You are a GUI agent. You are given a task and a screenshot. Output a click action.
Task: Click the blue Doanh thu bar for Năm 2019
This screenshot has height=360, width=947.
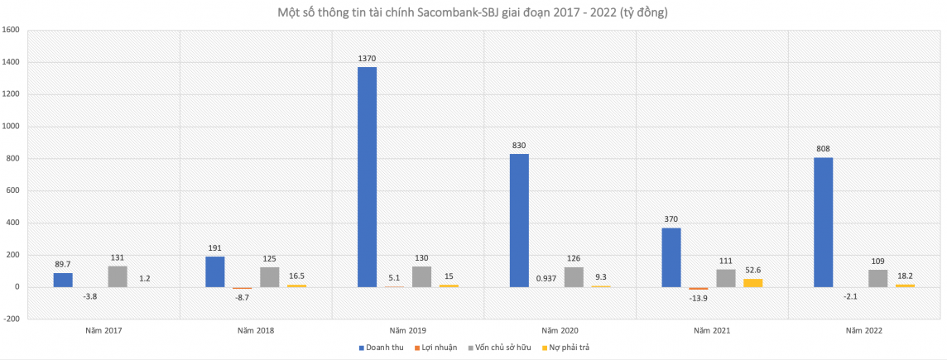[x=367, y=177]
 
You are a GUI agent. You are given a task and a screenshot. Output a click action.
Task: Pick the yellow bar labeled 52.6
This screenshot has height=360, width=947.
[x=752, y=283]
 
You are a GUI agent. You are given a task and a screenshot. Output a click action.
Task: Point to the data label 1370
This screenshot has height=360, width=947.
[x=367, y=59]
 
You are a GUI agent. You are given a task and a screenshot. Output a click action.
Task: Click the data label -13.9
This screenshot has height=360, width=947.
[x=698, y=296]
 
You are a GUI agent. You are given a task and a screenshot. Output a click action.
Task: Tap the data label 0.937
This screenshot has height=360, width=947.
[x=546, y=278]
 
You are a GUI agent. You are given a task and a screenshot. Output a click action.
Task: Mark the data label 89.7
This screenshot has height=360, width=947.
[x=63, y=265]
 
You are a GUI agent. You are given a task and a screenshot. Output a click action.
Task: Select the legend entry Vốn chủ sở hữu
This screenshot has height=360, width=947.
[x=505, y=347]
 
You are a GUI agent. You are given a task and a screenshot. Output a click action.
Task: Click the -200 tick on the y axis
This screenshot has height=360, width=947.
[x=12, y=319]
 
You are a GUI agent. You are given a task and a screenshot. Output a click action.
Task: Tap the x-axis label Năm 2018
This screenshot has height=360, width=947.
[x=256, y=330]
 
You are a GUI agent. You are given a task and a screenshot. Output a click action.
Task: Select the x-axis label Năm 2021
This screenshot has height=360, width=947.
[x=712, y=330]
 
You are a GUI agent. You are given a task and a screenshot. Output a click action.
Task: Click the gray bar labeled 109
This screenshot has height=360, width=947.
[x=877, y=279]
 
